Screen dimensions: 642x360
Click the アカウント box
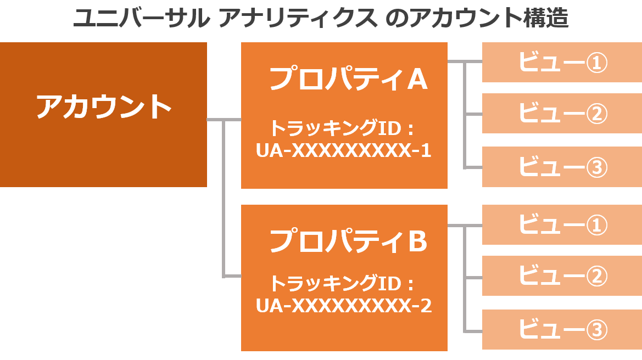103,115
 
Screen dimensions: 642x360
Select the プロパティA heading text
348,78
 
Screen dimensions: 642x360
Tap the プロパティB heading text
348,240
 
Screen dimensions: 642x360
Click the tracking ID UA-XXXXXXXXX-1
344,150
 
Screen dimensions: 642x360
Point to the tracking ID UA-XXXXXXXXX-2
344,306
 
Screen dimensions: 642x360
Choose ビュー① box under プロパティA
562,62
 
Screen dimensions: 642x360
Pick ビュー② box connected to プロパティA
562,113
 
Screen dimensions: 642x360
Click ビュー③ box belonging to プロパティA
562,167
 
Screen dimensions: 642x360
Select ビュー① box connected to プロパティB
562,224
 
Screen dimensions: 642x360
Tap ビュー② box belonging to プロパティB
562,275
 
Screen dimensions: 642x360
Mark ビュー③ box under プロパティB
562,329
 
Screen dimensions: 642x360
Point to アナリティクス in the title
298,18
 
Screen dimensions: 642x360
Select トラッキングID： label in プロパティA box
342,128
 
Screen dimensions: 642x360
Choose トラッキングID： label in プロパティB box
342,283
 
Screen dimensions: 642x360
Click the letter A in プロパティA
417,79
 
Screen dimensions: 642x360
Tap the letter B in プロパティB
418,241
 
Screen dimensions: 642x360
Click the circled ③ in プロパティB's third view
596,330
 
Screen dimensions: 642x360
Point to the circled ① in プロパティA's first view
596,63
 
